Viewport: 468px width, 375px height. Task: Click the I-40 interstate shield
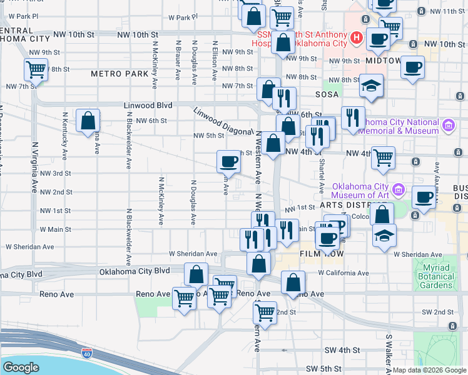[x=86, y=354]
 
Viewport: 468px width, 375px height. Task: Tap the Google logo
[x=21, y=367]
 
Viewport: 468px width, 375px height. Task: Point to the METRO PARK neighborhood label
[x=120, y=74]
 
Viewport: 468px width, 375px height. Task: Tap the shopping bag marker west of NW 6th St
[x=88, y=120]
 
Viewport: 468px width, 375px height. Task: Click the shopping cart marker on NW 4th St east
[x=383, y=157]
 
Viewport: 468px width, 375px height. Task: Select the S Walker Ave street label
[x=389, y=353]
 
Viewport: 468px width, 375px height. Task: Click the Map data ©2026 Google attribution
[x=430, y=370]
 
